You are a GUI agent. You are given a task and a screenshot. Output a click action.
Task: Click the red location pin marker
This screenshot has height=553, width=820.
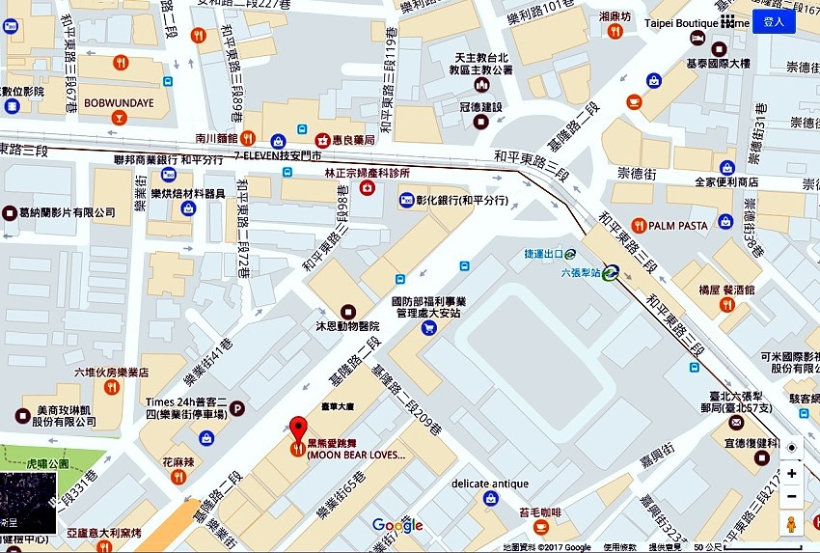coord(299,429)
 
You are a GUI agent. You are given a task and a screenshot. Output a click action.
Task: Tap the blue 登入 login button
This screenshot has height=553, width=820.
coord(774,21)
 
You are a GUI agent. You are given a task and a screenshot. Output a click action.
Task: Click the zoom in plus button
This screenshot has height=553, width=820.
coord(791,473)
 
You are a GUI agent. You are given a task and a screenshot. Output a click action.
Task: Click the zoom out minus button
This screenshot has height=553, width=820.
coord(791,496)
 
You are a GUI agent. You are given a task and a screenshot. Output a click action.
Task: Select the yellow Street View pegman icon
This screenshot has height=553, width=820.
coord(791,525)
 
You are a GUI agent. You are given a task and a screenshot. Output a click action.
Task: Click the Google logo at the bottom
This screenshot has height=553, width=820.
coord(397,525)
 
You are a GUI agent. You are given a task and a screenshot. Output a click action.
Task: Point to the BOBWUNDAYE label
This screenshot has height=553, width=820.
coord(118,101)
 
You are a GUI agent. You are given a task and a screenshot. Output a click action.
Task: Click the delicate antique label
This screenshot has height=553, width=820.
coord(490,484)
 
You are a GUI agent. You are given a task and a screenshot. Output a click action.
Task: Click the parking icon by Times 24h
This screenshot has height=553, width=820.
coord(236,408)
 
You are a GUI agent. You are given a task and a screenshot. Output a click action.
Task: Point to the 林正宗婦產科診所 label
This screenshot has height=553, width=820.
coord(367,173)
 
